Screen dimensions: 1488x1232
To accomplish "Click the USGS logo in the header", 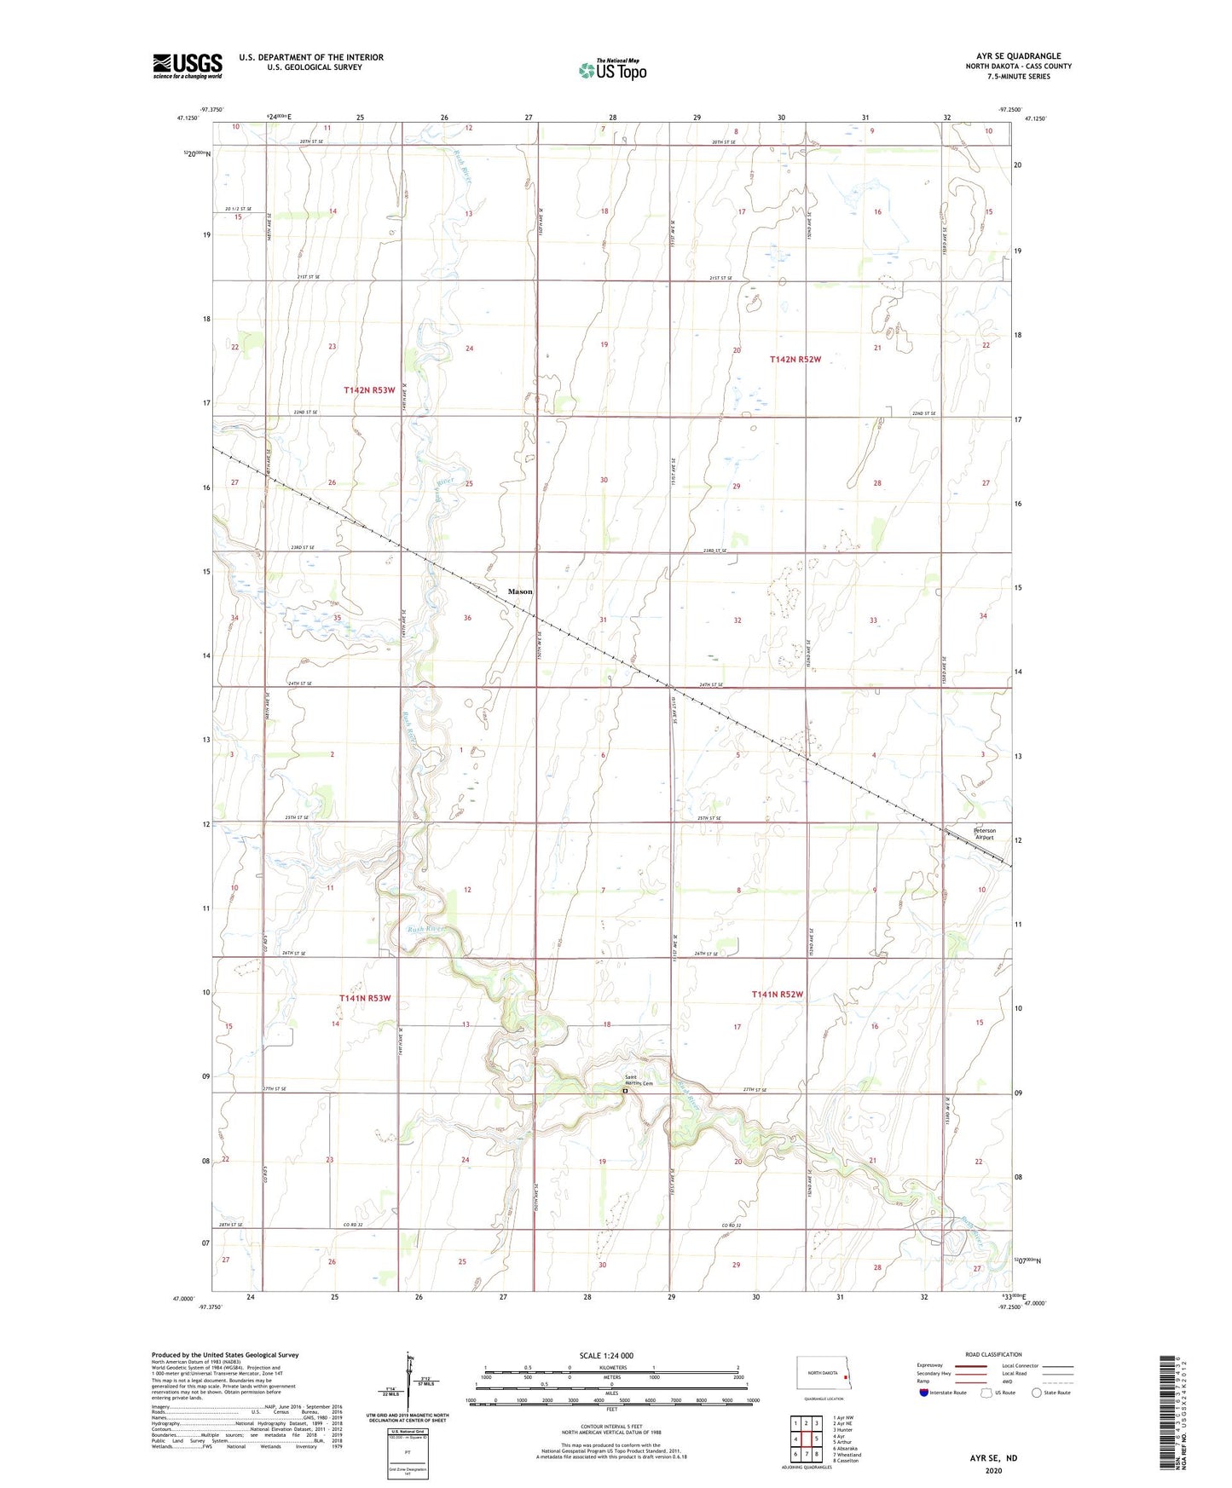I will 188,66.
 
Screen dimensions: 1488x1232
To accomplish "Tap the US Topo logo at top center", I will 612,70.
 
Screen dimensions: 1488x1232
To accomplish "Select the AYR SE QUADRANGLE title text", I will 1018,56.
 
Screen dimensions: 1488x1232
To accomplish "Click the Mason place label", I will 520,591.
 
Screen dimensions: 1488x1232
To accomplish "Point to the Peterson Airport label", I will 984,834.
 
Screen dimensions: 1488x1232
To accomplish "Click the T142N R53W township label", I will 369,390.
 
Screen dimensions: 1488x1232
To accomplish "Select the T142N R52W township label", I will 795,360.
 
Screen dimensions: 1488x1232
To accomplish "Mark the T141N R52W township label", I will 777,995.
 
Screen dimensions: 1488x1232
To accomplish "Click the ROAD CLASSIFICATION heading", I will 993,1355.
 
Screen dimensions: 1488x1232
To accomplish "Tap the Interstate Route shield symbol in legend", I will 924,1393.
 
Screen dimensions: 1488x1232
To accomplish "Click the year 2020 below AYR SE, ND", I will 993,1470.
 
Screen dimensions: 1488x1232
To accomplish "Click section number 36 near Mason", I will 467,618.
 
